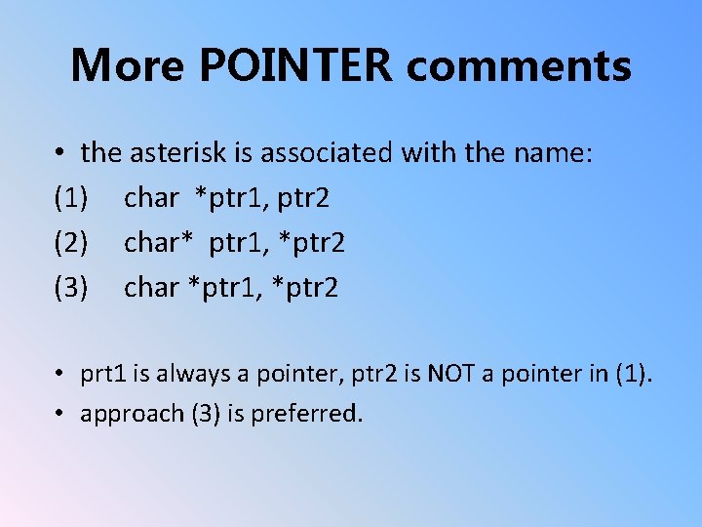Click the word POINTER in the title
pos(296,65)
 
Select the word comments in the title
pos(519,65)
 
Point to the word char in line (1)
pos(152,198)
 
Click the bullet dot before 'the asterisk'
pos(60,153)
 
